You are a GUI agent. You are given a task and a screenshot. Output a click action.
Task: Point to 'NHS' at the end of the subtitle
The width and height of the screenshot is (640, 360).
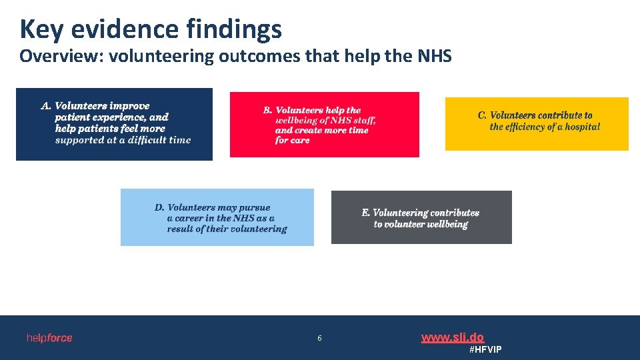click(435, 56)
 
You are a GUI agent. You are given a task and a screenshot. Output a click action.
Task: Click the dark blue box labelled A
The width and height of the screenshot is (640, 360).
click(114, 124)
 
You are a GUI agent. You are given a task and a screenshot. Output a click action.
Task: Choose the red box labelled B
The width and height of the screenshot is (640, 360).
click(324, 125)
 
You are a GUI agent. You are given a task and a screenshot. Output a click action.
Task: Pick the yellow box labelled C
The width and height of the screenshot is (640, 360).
click(537, 123)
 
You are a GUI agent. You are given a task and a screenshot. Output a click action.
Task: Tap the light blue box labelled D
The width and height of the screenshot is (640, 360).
click(217, 217)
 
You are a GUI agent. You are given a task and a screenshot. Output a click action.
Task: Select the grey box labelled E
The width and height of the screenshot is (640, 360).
click(421, 217)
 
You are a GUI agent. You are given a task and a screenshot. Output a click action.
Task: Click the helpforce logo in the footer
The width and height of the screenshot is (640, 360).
click(49, 338)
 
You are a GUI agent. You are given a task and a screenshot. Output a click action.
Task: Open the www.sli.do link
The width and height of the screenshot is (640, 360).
click(453, 337)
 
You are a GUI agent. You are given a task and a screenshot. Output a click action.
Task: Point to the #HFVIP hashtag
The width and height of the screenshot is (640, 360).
click(485, 350)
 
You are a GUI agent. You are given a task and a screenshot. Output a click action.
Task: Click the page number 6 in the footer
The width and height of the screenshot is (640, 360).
click(319, 338)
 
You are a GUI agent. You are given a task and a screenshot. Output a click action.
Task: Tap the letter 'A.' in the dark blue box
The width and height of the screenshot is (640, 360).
click(46, 106)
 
